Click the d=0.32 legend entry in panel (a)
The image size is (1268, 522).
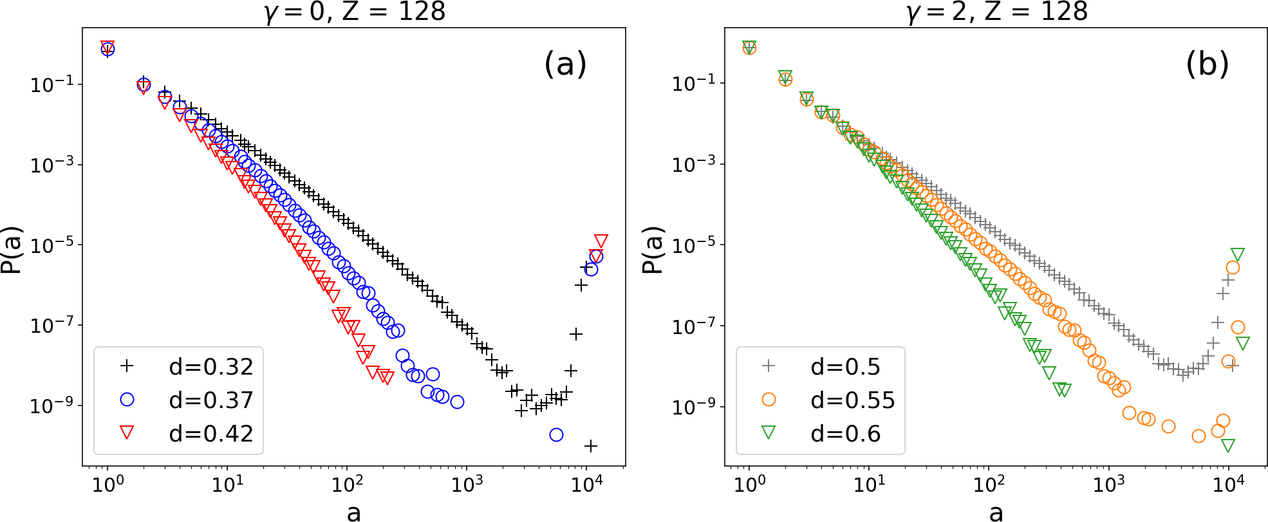click(187, 366)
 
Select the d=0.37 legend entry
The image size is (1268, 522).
click(187, 400)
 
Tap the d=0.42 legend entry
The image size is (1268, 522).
click(187, 433)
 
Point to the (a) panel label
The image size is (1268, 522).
click(565, 64)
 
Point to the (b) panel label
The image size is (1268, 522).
click(1207, 64)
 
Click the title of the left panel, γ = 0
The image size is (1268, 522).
click(355, 12)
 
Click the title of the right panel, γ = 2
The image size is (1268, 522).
click(997, 12)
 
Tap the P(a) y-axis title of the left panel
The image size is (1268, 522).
click(12, 250)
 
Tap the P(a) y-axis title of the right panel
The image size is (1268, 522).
click(653, 250)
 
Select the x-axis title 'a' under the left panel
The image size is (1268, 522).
click(354, 512)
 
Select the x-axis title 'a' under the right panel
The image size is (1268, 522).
click(996, 512)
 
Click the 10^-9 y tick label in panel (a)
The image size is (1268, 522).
click(57, 405)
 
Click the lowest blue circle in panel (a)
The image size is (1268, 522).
click(556, 434)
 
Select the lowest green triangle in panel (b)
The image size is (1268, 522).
click(1228, 445)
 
